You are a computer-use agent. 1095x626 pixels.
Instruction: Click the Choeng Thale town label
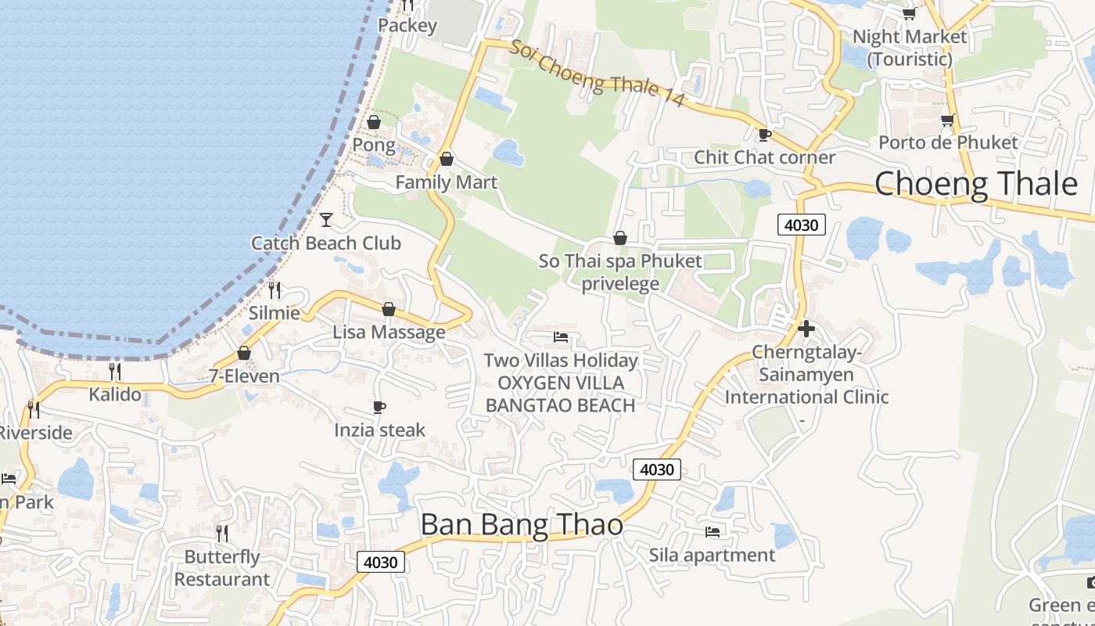click(975, 184)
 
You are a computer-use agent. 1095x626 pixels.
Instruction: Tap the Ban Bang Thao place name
click(522, 524)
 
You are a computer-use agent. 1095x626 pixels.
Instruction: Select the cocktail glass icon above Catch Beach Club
click(326, 220)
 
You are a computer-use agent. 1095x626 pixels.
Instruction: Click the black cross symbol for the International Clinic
click(806, 329)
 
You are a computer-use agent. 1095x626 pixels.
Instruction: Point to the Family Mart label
click(446, 182)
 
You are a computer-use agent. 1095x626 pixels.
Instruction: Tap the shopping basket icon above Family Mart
click(447, 160)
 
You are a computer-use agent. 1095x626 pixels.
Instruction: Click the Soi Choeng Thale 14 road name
click(598, 74)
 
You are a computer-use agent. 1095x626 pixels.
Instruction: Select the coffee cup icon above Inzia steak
click(379, 408)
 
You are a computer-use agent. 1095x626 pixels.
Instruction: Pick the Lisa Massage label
click(389, 332)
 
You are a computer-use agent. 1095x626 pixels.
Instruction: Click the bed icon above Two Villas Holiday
click(561, 337)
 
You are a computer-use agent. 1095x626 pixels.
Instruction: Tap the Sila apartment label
click(712, 555)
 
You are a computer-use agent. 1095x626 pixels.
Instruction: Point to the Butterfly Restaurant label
click(221, 568)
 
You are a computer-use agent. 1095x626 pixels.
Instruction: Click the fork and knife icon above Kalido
click(115, 371)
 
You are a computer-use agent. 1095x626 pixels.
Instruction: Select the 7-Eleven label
click(244, 376)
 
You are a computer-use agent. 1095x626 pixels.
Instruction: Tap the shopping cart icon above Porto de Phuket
click(948, 121)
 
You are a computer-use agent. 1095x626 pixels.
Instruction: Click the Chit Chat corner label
click(765, 157)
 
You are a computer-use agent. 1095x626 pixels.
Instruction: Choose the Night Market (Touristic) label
click(910, 48)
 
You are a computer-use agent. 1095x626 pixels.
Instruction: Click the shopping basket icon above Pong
click(374, 122)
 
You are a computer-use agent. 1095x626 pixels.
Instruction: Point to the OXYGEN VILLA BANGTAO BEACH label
click(560, 394)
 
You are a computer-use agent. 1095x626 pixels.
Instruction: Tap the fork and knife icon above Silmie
click(275, 290)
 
